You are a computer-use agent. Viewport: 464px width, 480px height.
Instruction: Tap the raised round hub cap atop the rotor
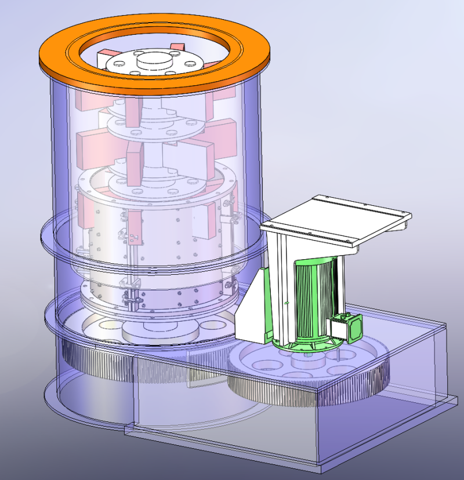click(x=155, y=59)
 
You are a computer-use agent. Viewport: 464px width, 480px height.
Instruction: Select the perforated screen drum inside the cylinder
click(x=174, y=243)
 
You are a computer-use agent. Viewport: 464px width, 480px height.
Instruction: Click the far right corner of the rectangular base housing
click(x=456, y=399)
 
